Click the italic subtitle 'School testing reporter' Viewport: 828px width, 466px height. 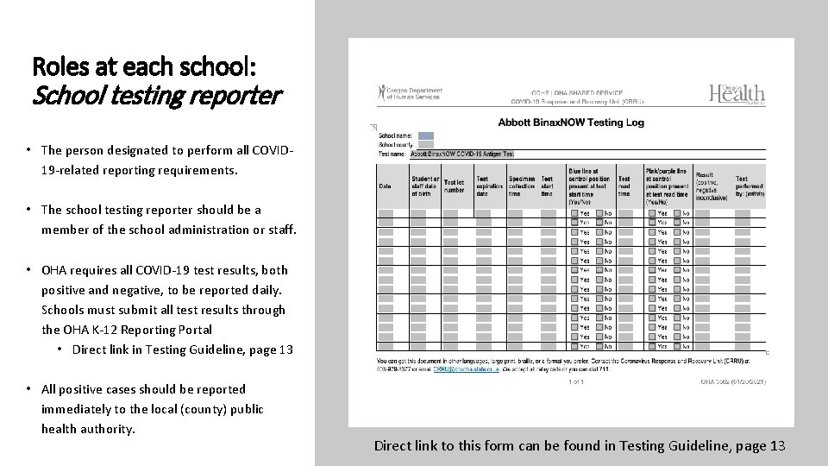(x=156, y=96)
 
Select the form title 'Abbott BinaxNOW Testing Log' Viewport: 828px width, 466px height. (x=570, y=123)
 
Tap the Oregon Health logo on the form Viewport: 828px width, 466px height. (x=737, y=93)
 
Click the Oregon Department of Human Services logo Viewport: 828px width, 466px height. (x=410, y=93)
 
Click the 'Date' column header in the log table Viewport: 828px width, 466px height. (x=385, y=185)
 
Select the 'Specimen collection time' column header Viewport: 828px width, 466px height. (x=521, y=186)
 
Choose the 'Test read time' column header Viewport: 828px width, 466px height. (x=624, y=186)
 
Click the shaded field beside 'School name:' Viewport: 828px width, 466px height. (x=425, y=135)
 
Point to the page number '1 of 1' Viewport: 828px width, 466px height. (x=578, y=381)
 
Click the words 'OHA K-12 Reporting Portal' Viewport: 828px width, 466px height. (x=127, y=330)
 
